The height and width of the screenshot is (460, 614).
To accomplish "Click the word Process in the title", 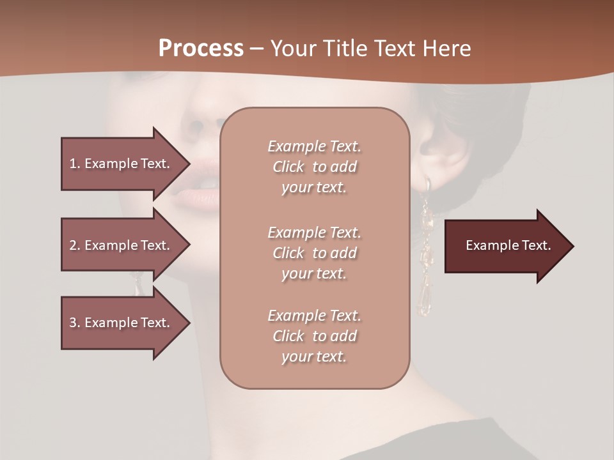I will (201, 48).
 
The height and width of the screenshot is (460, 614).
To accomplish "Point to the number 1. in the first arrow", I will (75, 164).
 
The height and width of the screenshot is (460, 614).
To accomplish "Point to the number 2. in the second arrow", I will (75, 245).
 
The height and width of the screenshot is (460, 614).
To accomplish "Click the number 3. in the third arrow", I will (75, 323).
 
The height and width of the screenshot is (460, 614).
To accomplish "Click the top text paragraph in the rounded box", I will (314, 167).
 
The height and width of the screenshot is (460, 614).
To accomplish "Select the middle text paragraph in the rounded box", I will (314, 253).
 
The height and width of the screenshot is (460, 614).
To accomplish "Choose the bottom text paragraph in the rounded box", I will (314, 336).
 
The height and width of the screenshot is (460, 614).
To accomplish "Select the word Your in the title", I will (292, 48).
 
